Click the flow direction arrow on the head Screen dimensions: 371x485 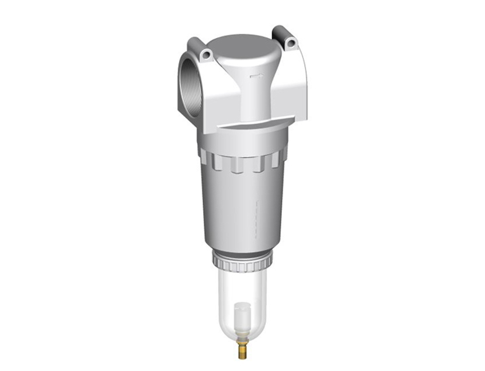click(257, 76)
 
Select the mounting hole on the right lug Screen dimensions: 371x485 click(291, 43)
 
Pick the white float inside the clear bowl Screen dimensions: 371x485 click(242, 314)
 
